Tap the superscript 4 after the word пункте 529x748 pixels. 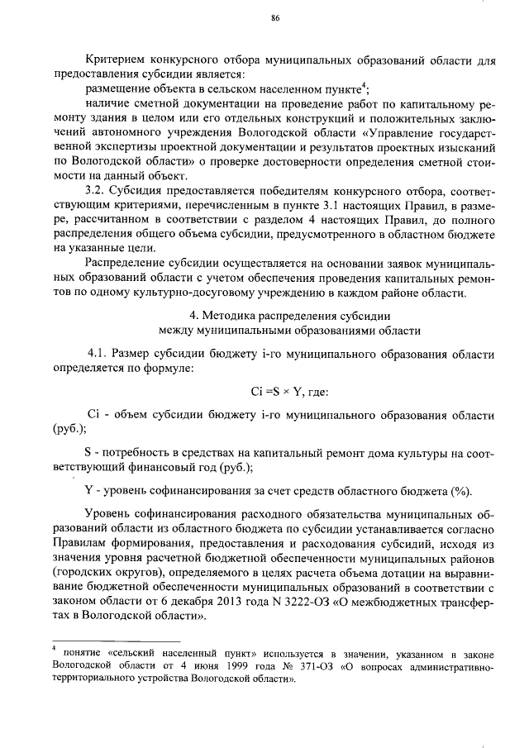coord(366,85)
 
